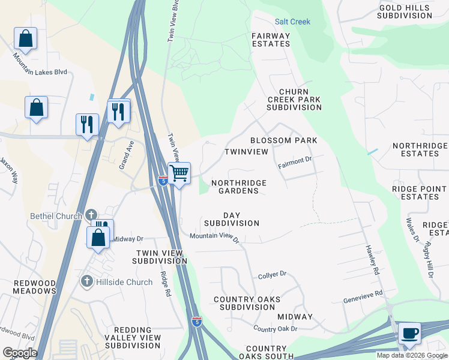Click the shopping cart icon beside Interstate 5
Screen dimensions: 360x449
tap(179, 173)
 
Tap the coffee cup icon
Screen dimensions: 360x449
tap(409, 333)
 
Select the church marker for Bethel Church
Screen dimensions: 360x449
tap(91, 215)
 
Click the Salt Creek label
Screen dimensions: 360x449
tap(292, 22)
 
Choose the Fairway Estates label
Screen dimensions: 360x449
tap(271, 40)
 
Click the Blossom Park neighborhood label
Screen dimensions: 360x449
tap(283, 140)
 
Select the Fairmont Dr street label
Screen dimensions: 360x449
tap(295, 161)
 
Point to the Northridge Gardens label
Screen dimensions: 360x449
tap(238, 187)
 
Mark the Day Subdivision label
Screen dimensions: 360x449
tap(232, 219)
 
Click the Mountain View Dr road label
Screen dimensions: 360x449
tap(214, 238)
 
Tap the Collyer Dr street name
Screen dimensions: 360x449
tap(273, 275)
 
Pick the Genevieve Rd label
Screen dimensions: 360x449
tap(363, 295)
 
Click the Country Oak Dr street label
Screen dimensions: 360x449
tap(275, 329)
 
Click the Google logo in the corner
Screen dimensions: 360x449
tap(20, 352)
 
